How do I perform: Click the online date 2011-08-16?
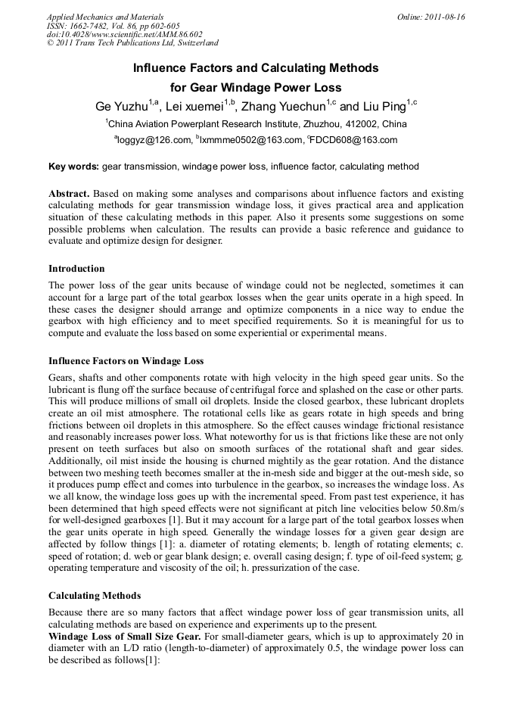[443, 17]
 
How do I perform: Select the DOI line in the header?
[124, 35]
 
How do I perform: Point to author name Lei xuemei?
[198, 106]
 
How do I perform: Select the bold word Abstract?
[70, 194]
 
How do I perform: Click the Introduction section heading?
[76, 269]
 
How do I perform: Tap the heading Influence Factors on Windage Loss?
[126, 361]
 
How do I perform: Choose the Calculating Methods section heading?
[95, 596]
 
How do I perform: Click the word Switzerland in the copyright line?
[197, 44]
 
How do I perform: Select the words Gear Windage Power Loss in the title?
[272, 87]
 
